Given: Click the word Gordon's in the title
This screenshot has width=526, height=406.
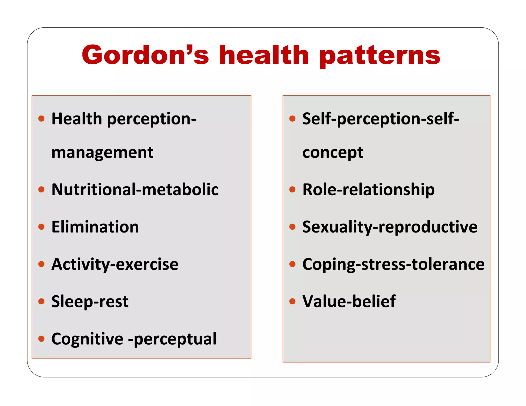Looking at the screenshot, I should pyautogui.click(x=145, y=55).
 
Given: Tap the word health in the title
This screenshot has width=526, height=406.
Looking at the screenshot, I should pyautogui.click(x=264, y=55).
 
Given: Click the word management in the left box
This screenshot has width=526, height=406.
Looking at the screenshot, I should pyautogui.click(x=102, y=152).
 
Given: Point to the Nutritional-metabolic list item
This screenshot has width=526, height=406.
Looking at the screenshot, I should pyautogui.click(x=135, y=189).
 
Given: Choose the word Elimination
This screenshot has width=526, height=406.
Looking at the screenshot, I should pyautogui.click(x=95, y=227).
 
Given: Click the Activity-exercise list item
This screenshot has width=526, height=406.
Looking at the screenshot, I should pyautogui.click(x=115, y=264).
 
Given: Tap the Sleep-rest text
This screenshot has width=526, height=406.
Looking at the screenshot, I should pyautogui.click(x=90, y=301).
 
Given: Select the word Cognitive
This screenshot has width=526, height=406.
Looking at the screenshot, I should pyautogui.click(x=87, y=339).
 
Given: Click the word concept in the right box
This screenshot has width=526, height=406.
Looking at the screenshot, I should pyautogui.click(x=333, y=153).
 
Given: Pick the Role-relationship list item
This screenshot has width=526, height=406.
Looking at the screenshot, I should pyautogui.click(x=368, y=190).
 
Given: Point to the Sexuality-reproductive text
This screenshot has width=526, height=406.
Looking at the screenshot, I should pyautogui.click(x=390, y=227).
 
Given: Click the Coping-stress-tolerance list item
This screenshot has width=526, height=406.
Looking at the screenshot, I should pyautogui.click(x=393, y=264).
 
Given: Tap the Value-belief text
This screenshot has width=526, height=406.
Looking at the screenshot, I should pyautogui.click(x=349, y=301).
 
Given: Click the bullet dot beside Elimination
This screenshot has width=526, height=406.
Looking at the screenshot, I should pyautogui.click(x=41, y=227).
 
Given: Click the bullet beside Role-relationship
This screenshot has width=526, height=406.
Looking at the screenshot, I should pyautogui.click(x=292, y=189).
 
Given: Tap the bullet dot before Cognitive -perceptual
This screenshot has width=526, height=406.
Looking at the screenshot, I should pyautogui.click(x=41, y=339).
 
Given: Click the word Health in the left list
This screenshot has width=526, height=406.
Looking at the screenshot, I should pyautogui.click(x=77, y=119).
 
